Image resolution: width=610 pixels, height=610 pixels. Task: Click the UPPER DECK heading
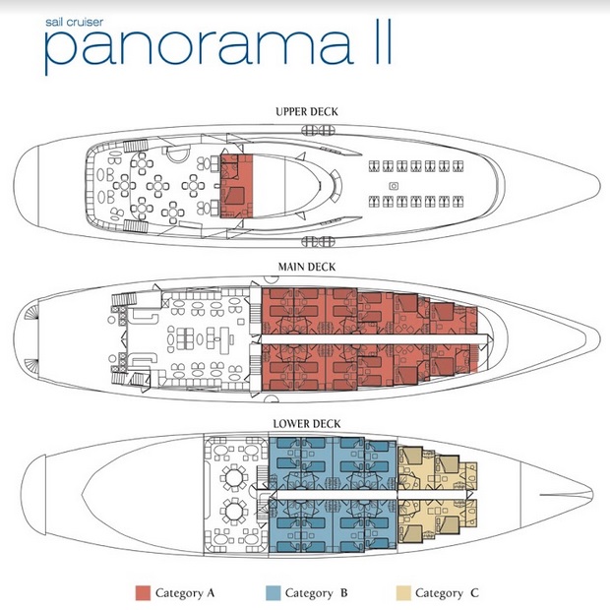pos(307,112)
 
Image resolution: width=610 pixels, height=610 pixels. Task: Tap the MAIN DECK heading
pos(307,267)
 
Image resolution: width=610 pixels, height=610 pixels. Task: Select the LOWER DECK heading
pos(307,424)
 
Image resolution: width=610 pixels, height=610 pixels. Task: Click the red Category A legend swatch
pos(143,593)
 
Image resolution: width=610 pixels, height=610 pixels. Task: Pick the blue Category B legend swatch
pos(273,593)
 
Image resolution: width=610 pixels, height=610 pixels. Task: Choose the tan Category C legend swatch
pos(403,593)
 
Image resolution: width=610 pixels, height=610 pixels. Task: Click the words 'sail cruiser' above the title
pos(75,23)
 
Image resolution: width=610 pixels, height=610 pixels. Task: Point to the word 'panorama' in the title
pos(199,46)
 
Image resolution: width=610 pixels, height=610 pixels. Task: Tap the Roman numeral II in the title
pos(381,42)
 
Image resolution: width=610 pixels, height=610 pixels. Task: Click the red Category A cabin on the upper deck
pos(236,186)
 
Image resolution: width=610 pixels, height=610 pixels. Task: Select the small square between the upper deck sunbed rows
pos(394,186)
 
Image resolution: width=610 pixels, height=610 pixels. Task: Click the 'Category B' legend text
pos(316,593)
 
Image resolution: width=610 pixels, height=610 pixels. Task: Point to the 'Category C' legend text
pos(447,593)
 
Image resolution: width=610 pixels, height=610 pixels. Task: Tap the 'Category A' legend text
pos(185,593)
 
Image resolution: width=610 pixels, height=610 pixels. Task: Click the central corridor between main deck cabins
pos(374,338)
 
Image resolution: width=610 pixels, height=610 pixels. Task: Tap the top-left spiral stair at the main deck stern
pos(31,312)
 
